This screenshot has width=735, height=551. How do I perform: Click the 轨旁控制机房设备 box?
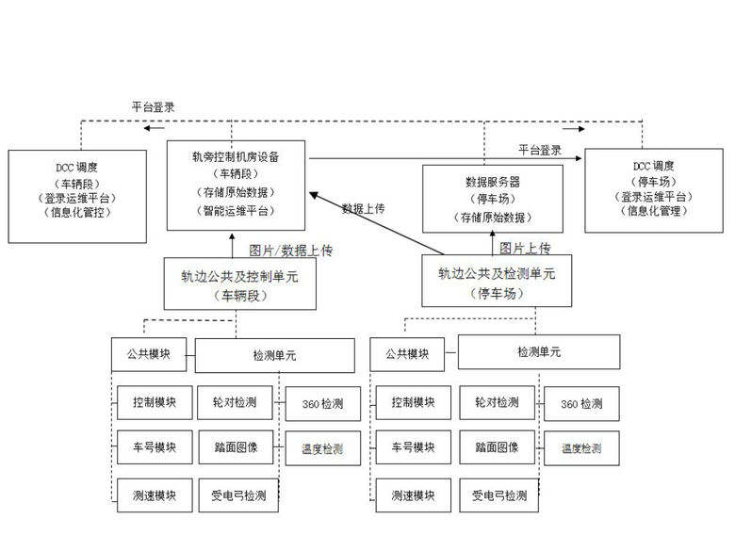237,185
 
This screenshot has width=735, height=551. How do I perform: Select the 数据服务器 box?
492,199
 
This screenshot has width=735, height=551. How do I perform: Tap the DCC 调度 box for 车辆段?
77,195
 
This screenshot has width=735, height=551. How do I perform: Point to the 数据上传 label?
363,208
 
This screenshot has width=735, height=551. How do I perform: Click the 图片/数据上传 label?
290,251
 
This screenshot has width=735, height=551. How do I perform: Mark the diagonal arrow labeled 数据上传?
377,222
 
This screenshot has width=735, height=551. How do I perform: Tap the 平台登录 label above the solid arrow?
539,150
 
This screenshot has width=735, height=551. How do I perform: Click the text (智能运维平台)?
237,213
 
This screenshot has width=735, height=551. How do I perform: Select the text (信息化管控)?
77,213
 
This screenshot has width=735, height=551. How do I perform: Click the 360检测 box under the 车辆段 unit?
322,404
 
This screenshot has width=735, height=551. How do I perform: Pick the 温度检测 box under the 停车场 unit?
581,448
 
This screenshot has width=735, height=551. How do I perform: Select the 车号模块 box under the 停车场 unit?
414,447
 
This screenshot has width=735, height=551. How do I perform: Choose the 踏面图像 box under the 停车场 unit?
497,447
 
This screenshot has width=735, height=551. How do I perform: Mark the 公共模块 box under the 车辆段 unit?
153,354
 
